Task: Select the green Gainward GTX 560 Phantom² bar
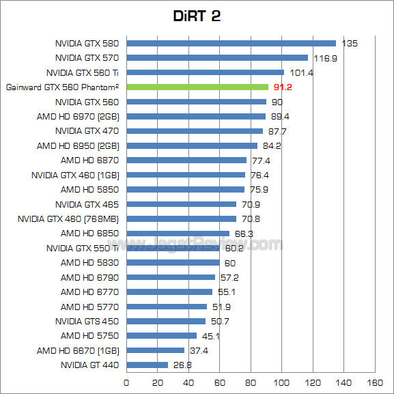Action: click(197, 87)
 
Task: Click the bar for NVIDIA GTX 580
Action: click(231, 43)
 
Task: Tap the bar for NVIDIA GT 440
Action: click(147, 365)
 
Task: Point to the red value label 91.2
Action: click(282, 87)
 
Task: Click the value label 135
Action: click(350, 43)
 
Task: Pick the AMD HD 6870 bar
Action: click(186, 160)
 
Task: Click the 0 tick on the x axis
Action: click(126, 382)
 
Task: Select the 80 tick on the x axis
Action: click(251, 382)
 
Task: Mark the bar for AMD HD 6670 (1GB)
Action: click(155, 350)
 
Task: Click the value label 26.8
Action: click(181, 365)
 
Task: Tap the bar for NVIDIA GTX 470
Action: click(195, 130)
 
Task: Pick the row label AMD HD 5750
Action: click(89, 335)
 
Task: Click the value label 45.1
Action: click(210, 335)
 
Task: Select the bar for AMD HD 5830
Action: click(173, 262)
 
